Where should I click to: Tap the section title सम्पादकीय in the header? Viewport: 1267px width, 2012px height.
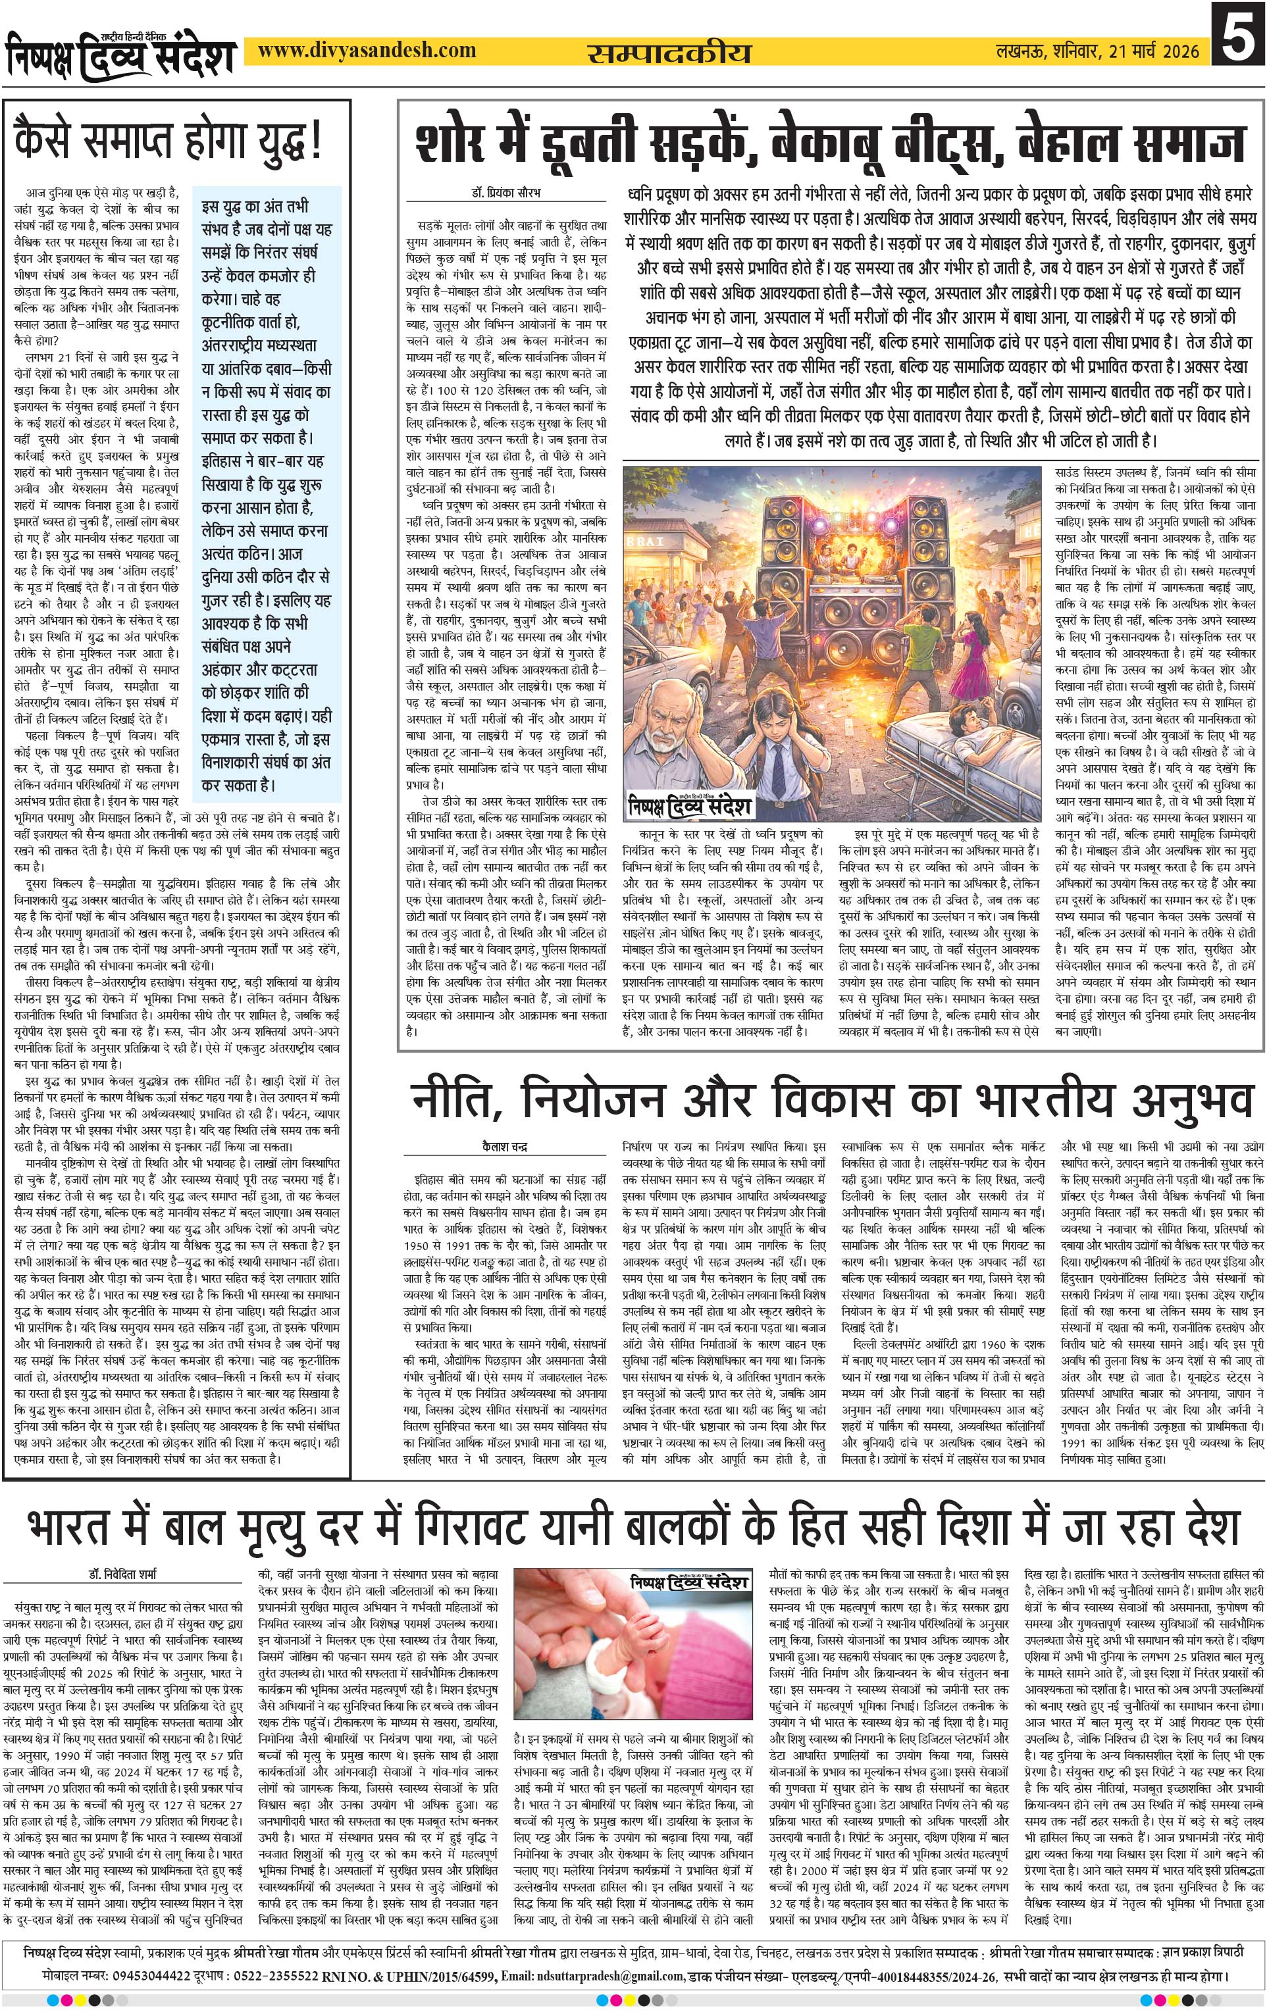pyautogui.click(x=669, y=53)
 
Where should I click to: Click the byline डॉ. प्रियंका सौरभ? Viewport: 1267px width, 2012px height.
pyautogui.click(x=505, y=193)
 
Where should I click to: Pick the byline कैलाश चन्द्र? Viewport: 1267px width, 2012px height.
pyautogui.click(x=505, y=1146)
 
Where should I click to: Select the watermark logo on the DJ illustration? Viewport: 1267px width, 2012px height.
pyautogui.click(x=690, y=805)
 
